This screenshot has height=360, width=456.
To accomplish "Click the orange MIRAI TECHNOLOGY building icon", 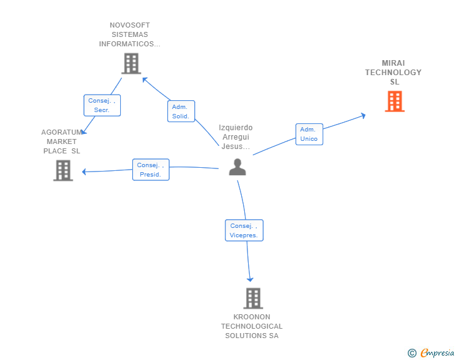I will [x=394, y=101].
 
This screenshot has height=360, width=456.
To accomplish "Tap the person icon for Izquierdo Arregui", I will [x=237, y=167].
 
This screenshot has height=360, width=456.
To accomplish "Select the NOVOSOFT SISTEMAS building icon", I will [x=130, y=63].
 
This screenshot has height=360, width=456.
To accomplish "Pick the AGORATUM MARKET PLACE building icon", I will [x=63, y=170].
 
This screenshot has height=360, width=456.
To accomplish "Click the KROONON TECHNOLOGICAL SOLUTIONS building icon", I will [x=252, y=298].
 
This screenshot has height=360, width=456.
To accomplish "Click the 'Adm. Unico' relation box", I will [x=309, y=134].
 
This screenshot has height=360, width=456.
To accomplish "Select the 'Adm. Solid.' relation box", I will [x=181, y=111].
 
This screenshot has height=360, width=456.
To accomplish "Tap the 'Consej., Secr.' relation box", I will [x=101, y=105].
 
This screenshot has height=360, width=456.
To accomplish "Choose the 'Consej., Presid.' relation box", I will [x=150, y=170].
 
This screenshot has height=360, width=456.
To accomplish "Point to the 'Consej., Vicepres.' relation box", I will [x=244, y=230].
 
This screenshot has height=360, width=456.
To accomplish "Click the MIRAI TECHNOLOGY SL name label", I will [x=393, y=73].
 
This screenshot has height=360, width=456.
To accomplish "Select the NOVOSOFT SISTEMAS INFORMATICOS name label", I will [x=130, y=35].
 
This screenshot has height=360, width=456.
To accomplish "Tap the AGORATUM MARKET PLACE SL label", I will [x=61, y=141].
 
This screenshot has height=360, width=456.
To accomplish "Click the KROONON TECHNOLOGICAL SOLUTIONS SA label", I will [x=252, y=326].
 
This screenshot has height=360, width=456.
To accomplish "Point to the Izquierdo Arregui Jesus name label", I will [x=236, y=137].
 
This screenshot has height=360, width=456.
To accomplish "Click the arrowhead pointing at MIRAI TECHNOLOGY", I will [x=363, y=115].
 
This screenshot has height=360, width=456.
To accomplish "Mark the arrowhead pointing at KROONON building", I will [x=250, y=279].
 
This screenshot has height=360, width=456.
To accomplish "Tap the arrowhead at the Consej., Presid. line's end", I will [x=84, y=172].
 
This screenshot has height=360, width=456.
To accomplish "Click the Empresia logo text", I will [x=437, y=353].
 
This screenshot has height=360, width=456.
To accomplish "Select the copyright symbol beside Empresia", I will [x=412, y=353].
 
